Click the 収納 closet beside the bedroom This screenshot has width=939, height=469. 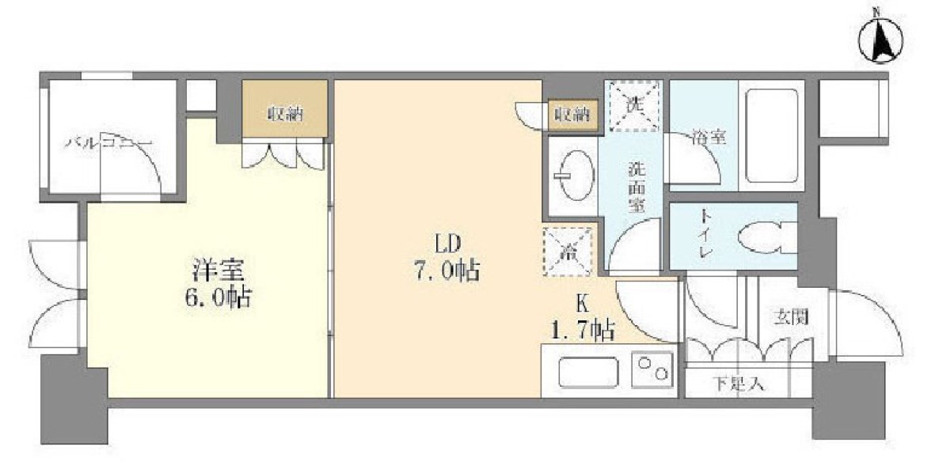284,113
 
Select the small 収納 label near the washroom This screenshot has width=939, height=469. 572,114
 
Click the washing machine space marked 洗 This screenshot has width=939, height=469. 633,104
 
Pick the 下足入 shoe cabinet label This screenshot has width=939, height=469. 737,385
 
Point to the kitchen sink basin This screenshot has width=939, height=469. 588,372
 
